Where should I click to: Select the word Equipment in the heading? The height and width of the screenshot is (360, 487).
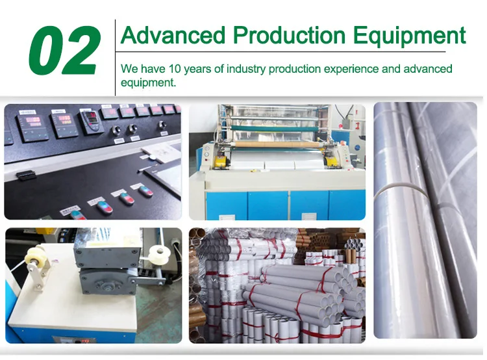[410, 36]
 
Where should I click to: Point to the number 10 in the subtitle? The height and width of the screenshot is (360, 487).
[174, 69]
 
